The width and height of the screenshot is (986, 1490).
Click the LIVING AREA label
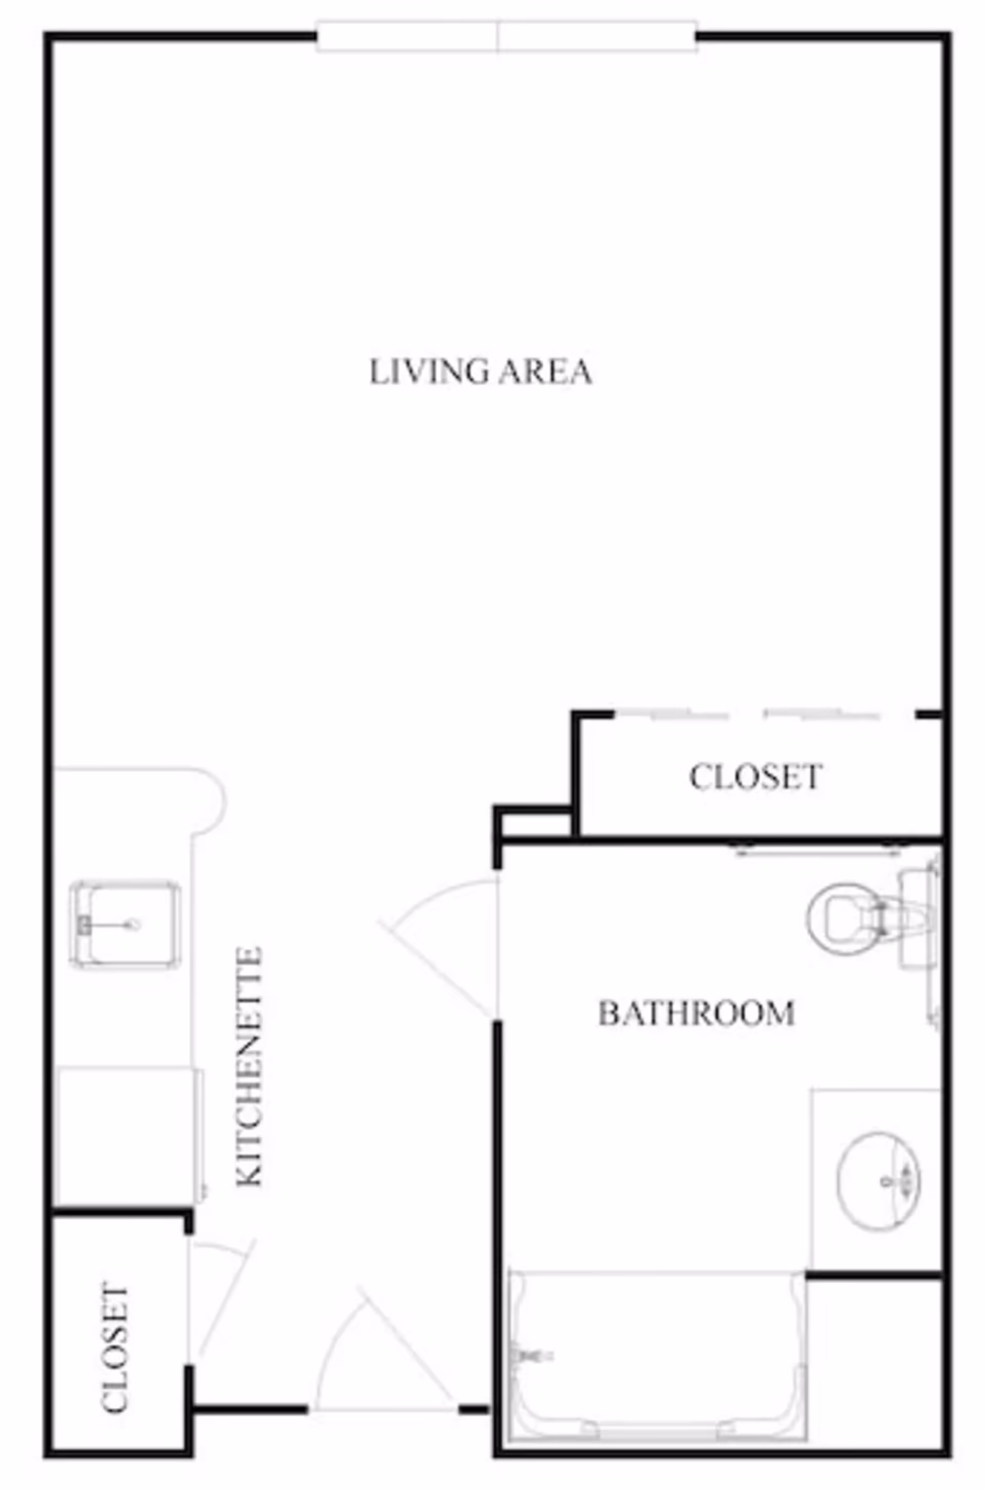[x=481, y=372]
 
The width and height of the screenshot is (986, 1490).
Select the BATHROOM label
[x=696, y=1014]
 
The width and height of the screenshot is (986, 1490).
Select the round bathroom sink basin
[x=879, y=1181]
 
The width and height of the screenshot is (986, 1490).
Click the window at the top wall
[x=506, y=36]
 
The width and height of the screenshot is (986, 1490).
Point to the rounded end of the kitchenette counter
[x=211, y=801]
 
